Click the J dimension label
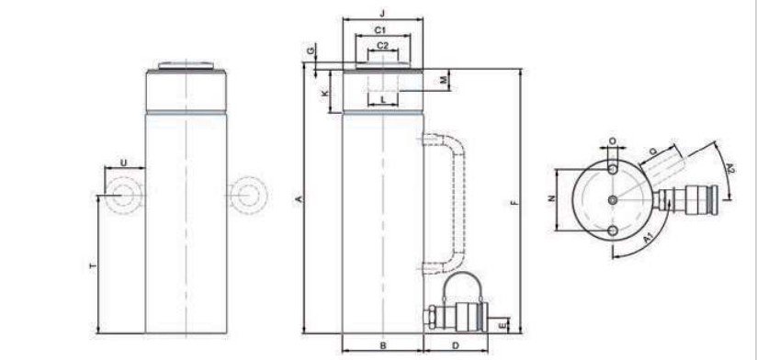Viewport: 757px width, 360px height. (x=383, y=14)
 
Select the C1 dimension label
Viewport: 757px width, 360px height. (x=381, y=30)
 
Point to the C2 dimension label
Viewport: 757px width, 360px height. (x=382, y=46)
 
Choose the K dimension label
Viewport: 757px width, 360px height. (x=325, y=92)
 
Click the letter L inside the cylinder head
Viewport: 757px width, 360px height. (x=383, y=100)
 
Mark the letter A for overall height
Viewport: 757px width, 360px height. (x=299, y=199)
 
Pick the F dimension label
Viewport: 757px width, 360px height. (x=514, y=203)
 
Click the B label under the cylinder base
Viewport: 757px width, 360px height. (x=383, y=345)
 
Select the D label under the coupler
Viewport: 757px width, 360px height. (x=456, y=345)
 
